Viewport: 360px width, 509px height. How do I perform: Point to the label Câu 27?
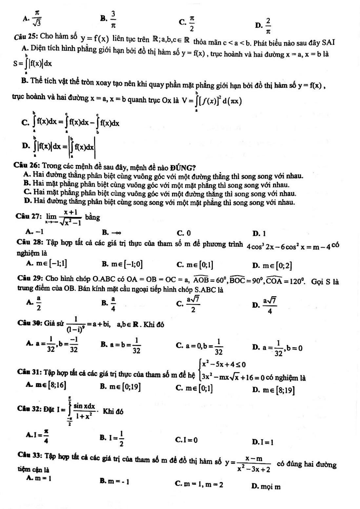pos(28,216)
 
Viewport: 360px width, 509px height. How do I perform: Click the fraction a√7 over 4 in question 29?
pos(270,306)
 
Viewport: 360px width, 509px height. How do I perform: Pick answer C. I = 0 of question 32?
pos(187,440)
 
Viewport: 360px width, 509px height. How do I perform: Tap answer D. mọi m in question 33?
pos(266,486)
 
